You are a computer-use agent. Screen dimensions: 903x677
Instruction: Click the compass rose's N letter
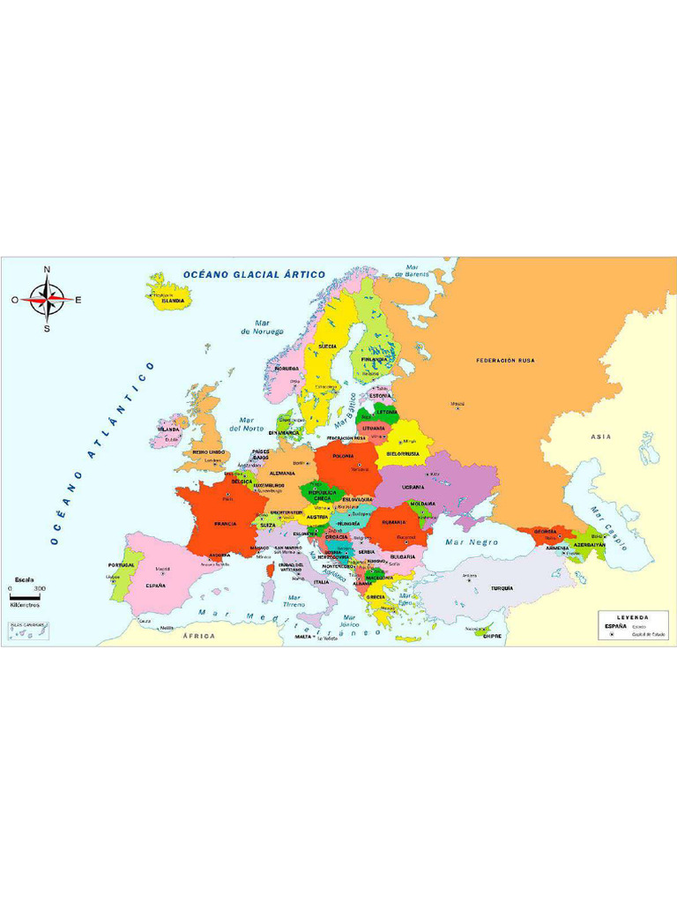(48, 270)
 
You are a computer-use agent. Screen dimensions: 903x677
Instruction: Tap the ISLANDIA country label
(173, 301)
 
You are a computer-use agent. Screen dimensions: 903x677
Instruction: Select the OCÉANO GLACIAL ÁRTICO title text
(254, 274)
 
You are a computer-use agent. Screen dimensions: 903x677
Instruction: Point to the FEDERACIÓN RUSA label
(505, 361)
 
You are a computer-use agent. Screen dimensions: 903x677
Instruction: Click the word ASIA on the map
(600, 437)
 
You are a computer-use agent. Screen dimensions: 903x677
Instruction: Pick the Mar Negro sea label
(472, 542)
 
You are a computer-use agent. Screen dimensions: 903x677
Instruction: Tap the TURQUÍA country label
(502, 588)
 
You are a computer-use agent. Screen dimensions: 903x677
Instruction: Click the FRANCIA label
(225, 524)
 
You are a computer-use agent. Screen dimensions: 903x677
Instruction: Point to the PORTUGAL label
(122, 565)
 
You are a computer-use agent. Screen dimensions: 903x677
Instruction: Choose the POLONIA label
(343, 457)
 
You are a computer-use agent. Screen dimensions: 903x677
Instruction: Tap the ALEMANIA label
(282, 474)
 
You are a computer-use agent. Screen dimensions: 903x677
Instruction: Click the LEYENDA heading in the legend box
(632, 616)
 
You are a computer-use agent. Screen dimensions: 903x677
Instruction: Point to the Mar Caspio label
(607, 528)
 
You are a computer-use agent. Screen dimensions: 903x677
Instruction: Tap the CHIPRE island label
(492, 636)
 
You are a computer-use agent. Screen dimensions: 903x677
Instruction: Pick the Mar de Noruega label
(263, 327)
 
